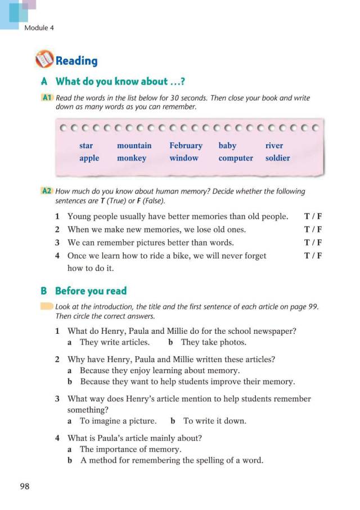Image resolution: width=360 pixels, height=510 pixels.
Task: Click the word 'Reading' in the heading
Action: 76,61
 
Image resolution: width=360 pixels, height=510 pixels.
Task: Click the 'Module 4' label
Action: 39,28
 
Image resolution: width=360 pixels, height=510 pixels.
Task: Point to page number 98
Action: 24,486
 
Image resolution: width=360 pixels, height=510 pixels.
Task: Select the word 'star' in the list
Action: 86,146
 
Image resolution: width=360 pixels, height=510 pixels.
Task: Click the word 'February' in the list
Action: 186,146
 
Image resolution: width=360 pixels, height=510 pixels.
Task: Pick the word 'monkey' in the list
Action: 132,158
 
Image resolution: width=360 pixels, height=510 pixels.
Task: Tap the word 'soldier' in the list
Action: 277,158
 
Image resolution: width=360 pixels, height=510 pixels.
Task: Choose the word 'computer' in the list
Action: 236,158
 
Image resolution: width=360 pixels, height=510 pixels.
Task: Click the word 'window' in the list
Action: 184,158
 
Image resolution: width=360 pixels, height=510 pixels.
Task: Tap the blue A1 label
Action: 47,98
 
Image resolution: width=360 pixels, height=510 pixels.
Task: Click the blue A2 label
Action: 47,191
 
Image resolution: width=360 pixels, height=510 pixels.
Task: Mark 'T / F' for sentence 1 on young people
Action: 313,216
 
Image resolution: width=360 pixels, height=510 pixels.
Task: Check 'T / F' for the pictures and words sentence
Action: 313,243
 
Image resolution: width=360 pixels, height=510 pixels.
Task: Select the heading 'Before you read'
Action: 91,291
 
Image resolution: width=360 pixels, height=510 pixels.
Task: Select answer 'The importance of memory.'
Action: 130,449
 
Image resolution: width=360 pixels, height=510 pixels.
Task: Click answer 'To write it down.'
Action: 215,420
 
